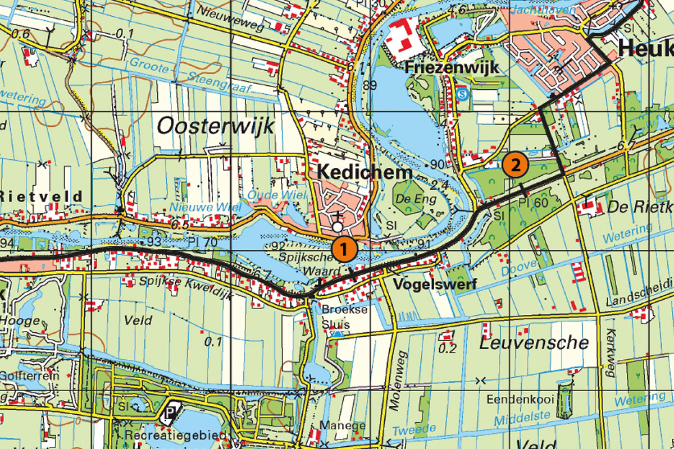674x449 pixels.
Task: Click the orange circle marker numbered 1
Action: point(344,248)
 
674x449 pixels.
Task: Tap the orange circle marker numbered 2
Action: point(515,165)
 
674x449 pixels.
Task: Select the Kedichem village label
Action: point(365,172)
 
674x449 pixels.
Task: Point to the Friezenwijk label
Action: point(452,68)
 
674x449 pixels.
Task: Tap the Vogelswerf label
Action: point(435,284)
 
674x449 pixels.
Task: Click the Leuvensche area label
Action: point(534,342)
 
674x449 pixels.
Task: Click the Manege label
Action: point(342,425)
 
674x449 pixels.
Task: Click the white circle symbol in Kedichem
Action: point(337,227)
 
